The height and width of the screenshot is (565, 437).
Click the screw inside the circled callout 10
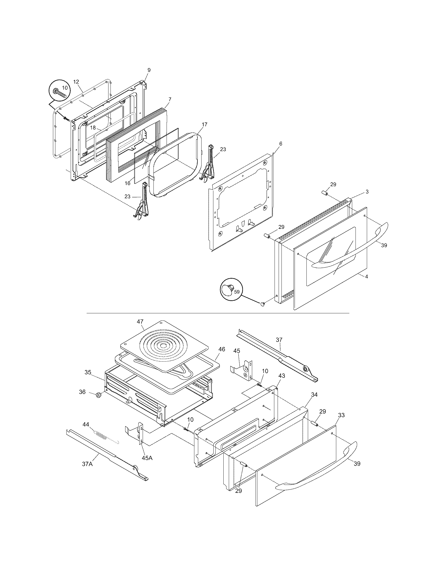pos(59,92)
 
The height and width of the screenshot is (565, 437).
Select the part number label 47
pos(140,322)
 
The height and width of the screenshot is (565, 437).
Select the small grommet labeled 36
pos(98,402)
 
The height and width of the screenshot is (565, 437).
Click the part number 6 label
pos(281,144)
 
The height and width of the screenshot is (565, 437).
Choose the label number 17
pos(204,125)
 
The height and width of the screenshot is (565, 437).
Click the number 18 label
pos(93,128)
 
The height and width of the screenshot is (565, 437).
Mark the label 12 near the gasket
pos(76,82)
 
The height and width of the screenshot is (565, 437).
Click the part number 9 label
pos(149,70)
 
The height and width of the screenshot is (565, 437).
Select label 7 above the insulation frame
pos(170,99)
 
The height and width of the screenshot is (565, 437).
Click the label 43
pos(282,375)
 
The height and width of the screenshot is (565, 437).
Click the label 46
pos(222,349)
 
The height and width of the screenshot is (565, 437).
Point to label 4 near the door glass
pos(367,276)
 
